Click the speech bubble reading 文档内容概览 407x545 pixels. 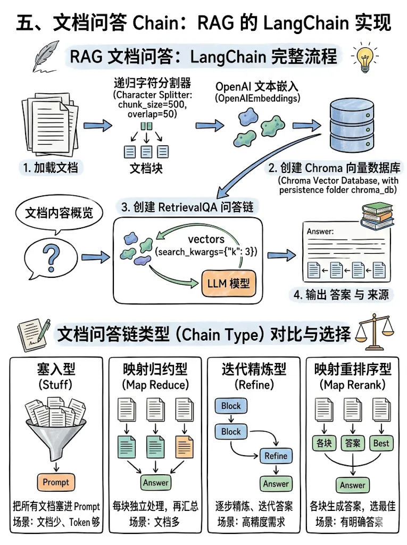pos(59,213)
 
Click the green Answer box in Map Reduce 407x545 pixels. pos(155,483)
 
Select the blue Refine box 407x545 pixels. pos(276,456)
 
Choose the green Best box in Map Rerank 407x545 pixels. pos(381,443)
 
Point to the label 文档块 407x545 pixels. pos(146,168)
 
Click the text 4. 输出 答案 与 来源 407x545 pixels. pos(340,294)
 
